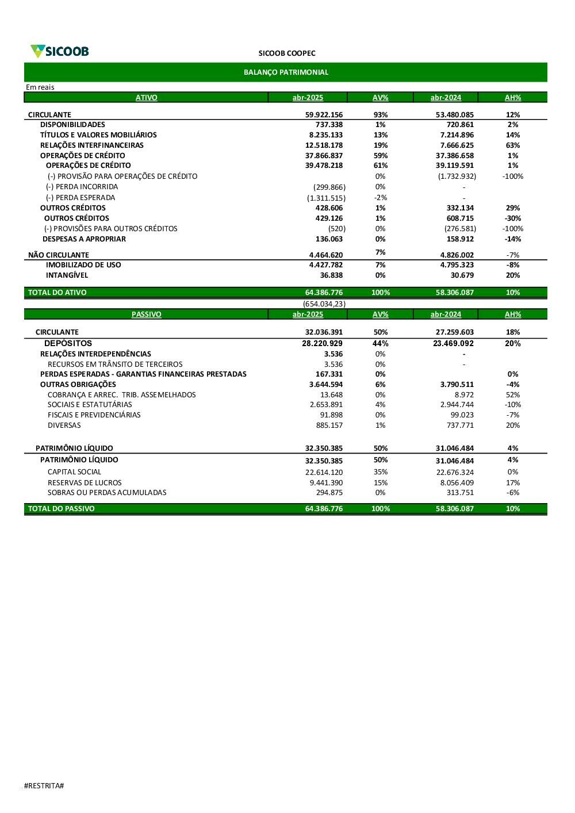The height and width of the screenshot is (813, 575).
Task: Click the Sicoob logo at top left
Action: (x=60, y=51)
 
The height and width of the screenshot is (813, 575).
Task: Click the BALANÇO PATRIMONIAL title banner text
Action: (x=286, y=72)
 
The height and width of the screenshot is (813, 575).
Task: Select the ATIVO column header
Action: (x=146, y=98)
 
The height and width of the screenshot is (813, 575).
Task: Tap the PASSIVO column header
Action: (x=146, y=315)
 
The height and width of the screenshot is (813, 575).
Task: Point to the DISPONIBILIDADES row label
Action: (x=72, y=125)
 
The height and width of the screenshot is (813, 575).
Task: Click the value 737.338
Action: (x=329, y=125)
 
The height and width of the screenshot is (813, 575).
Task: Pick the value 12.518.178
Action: (x=324, y=145)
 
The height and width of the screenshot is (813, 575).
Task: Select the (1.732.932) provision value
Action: (x=457, y=177)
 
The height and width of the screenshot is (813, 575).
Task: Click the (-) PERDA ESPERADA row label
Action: (x=80, y=198)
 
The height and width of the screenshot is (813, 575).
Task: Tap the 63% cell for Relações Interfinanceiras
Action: (x=512, y=145)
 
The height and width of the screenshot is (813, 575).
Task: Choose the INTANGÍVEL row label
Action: (x=67, y=275)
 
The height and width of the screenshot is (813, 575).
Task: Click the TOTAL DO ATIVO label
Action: (x=57, y=293)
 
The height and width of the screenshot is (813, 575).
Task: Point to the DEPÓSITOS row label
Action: (x=68, y=343)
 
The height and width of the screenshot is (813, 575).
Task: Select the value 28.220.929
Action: (x=322, y=343)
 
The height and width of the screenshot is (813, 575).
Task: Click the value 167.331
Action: (x=329, y=374)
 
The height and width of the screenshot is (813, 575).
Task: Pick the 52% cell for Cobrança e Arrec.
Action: (x=512, y=395)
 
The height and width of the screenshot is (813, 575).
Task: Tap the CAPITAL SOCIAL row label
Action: (x=74, y=472)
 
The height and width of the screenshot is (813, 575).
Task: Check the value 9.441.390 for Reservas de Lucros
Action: (x=326, y=483)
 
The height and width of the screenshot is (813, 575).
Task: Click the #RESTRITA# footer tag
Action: (x=44, y=786)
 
